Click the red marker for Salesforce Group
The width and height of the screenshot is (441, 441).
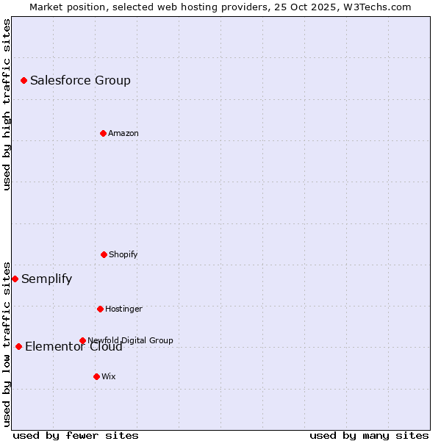[24, 80]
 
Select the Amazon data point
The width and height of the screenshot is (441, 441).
[103, 133]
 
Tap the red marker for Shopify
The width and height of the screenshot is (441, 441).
[104, 254]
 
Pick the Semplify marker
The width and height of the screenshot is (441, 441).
[15, 279]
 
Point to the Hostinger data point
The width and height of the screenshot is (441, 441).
[100, 309]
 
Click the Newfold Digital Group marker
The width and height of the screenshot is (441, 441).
[82, 340]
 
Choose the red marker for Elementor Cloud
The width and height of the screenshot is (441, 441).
[18, 346]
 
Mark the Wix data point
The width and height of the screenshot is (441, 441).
[96, 376]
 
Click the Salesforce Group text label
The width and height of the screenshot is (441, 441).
[80, 80]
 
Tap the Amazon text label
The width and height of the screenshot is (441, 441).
[123, 133]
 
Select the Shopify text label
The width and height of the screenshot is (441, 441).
[123, 254]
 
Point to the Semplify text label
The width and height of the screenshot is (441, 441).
[46, 279]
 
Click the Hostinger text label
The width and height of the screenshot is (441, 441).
[123, 309]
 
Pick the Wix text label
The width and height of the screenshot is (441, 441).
[109, 376]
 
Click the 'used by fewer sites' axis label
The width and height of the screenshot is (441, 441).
[76, 435]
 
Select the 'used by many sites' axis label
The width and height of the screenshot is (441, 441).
[369, 435]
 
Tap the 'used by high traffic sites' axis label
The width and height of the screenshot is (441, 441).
[7, 104]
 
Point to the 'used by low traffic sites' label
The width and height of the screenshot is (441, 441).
[7, 343]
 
